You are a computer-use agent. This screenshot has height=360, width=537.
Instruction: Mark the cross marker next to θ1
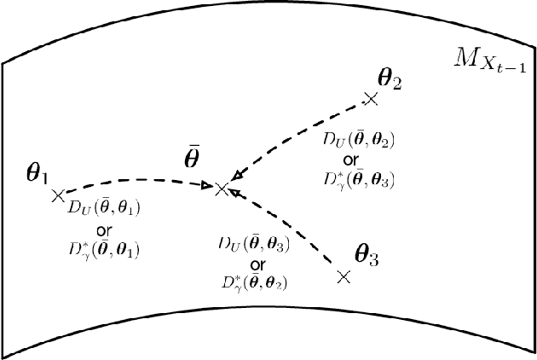[x=58, y=195]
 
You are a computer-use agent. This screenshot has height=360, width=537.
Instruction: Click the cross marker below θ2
[x=371, y=100]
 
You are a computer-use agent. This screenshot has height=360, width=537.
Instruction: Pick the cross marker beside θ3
[x=343, y=276]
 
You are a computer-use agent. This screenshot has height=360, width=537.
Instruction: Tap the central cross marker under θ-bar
[x=222, y=189]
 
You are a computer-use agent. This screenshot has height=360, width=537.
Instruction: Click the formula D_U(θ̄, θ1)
[x=106, y=208]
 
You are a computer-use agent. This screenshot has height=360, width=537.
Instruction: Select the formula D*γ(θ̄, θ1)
[x=106, y=250]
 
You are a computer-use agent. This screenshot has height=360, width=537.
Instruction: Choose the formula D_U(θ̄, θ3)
[x=253, y=245]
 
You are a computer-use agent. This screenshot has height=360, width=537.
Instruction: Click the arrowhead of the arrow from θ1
[x=206, y=183]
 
